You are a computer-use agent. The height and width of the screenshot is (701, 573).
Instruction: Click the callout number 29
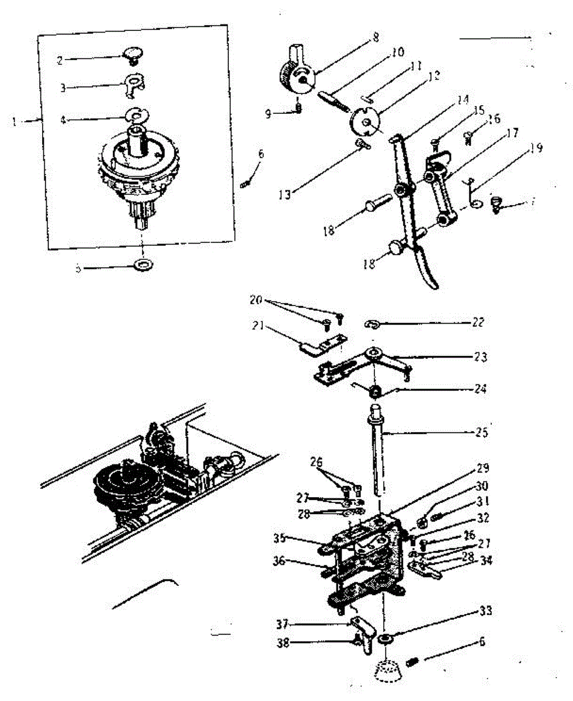pos(482,469)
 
